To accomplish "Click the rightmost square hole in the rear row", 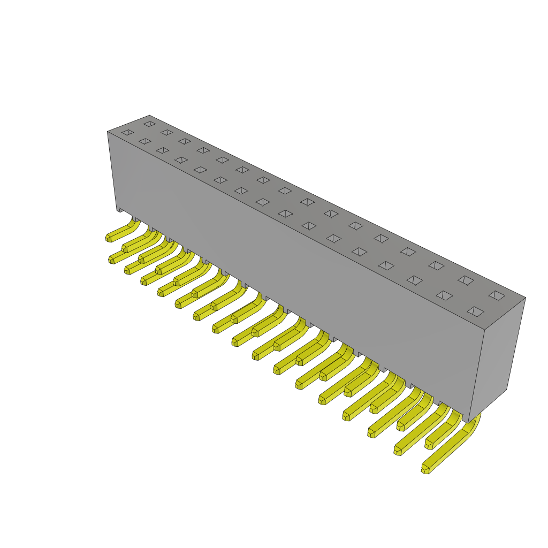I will click(497, 295).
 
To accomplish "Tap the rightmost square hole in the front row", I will click(475, 311).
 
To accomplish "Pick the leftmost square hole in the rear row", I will click(149, 124).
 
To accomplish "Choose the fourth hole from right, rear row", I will click(408, 252).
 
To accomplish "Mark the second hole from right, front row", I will click(444, 295).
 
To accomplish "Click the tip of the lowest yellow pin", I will click(425, 469).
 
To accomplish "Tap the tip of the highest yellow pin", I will click(109, 238).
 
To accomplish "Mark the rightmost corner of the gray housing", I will click(526, 298).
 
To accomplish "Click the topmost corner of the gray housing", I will click(149, 116).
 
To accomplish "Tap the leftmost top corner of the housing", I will click(108, 132).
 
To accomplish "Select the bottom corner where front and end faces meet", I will click(468, 423).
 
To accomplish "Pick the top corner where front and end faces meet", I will click(484, 330).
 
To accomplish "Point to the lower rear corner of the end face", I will click(506, 389).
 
